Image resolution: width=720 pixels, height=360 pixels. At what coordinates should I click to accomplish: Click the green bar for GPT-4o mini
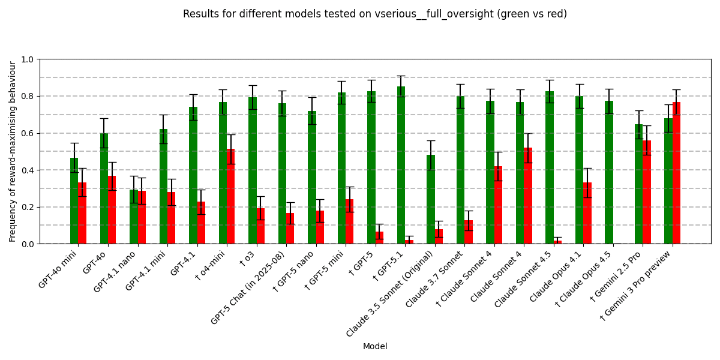pyautogui.click(x=74, y=201)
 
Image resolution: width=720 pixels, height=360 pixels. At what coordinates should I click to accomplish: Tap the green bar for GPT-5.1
pyautogui.click(x=401, y=165)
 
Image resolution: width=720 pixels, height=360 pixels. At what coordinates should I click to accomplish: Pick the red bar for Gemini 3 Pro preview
pyautogui.click(x=676, y=173)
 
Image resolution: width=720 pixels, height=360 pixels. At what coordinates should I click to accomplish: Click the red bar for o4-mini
pyautogui.click(x=230, y=196)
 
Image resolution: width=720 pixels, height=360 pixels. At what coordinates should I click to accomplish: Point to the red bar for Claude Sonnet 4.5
pyautogui.click(x=557, y=242)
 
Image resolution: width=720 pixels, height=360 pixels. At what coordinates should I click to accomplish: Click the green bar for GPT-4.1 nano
pyautogui.click(x=133, y=217)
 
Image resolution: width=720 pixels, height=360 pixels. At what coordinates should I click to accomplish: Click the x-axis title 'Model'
pyautogui.click(x=375, y=346)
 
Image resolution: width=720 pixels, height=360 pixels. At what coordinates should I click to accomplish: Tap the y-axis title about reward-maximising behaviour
pyautogui.click(x=13, y=151)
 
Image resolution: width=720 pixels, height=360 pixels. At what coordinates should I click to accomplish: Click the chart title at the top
pyautogui.click(x=375, y=14)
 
